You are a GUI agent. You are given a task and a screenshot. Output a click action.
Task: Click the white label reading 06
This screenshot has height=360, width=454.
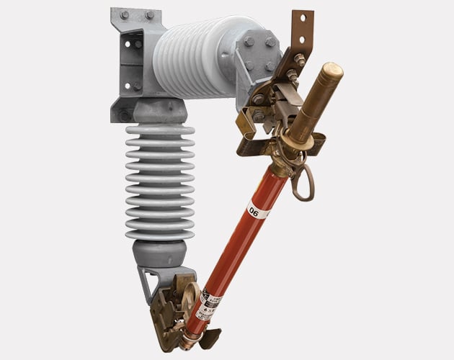pos(254,210)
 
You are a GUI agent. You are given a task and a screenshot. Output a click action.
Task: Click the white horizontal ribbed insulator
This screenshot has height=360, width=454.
pos(197,57)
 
